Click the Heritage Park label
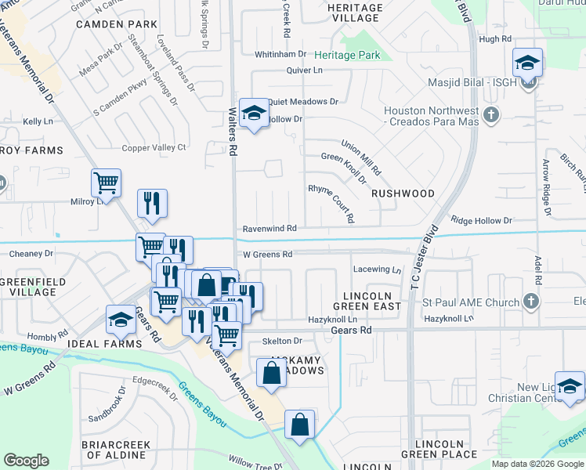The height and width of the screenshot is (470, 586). [x=347, y=55]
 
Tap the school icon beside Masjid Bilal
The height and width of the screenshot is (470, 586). [x=528, y=63]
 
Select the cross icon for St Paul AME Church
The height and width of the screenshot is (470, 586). [x=531, y=302]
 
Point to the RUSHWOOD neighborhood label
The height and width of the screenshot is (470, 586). [x=403, y=193]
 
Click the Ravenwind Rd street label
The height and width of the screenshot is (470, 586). [x=269, y=228]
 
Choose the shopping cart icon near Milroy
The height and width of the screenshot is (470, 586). [x=106, y=183]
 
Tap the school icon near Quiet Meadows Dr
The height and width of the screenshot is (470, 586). [x=254, y=114]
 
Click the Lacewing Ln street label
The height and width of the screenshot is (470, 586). [x=377, y=269]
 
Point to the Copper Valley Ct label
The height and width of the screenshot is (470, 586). [x=154, y=147]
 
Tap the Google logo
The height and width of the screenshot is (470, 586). [x=26, y=461]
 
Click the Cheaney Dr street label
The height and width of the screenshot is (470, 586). [x=31, y=254]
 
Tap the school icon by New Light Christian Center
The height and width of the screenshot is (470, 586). [x=570, y=386]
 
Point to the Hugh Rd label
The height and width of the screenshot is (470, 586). [x=494, y=38]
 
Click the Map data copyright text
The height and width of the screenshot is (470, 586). [x=537, y=464]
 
